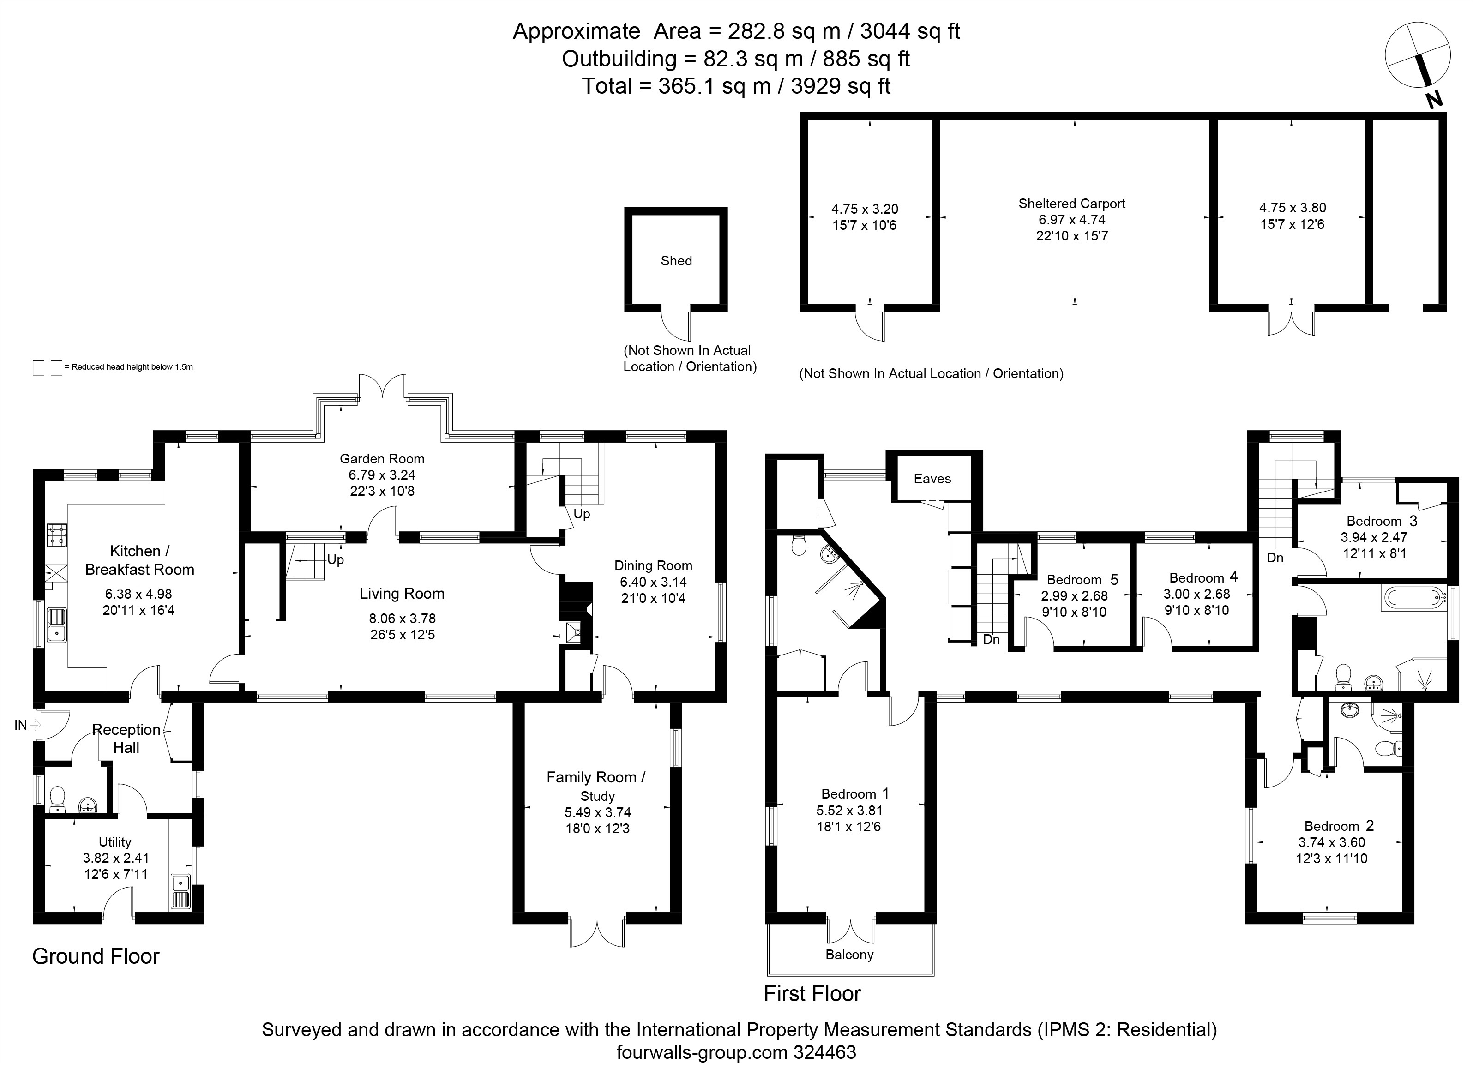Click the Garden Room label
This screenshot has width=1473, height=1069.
[382, 458]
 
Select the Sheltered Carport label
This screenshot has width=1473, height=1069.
[1071, 203]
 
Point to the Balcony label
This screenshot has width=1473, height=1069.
[849, 955]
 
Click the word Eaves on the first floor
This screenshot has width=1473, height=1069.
[932, 479]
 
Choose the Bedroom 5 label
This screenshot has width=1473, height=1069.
[1082, 579]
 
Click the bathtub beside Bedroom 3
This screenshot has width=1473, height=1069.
[1414, 596]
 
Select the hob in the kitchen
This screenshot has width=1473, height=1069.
[56, 535]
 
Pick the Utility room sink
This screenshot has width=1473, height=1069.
[180, 891]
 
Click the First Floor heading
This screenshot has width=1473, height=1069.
[812, 994]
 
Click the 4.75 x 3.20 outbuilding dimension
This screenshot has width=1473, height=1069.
[865, 209]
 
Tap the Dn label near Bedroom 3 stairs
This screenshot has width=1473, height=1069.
[1275, 557]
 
